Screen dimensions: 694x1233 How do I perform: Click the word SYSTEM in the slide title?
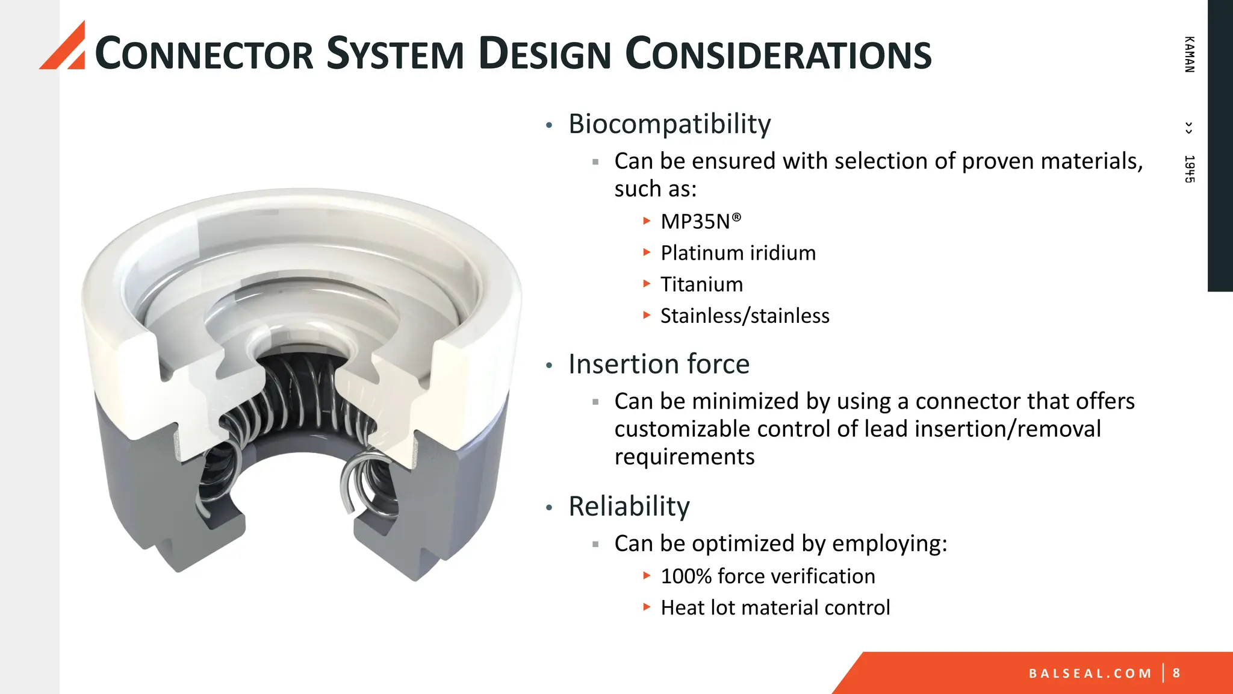pyautogui.click(x=395, y=54)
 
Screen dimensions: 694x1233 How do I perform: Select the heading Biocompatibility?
pyautogui.click(x=669, y=124)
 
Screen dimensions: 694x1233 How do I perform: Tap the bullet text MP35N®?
pyautogui.click(x=700, y=222)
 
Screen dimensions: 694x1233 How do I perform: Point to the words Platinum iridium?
pyautogui.click(x=738, y=253)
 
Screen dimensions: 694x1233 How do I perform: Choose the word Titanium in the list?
pyautogui.click(x=701, y=284)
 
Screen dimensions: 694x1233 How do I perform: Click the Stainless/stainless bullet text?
pyautogui.click(x=744, y=316)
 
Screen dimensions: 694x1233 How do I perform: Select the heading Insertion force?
pyautogui.click(x=659, y=364)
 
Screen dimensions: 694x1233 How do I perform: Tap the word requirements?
pyautogui.click(x=684, y=457)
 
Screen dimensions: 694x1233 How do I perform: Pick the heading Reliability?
pyautogui.click(x=629, y=507)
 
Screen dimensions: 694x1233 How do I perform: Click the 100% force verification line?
pyautogui.click(x=767, y=577)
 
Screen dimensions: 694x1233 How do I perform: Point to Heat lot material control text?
pyautogui.click(x=775, y=608)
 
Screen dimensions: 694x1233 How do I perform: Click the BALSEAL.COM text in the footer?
pyautogui.click(x=1090, y=674)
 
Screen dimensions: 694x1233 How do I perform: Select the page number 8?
pyautogui.click(x=1176, y=673)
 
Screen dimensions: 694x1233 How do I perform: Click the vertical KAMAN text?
pyautogui.click(x=1189, y=55)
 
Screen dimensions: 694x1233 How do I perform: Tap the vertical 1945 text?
pyautogui.click(x=1189, y=169)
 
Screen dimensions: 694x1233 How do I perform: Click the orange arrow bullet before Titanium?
pyautogui.click(x=647, y=284)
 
